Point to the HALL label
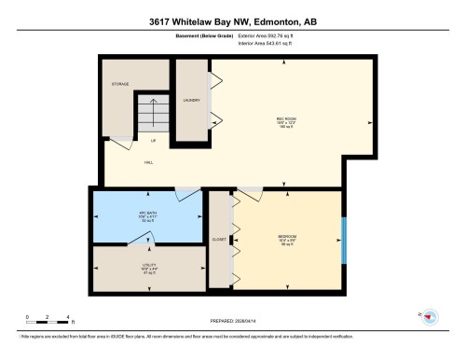click(x=148, y=162)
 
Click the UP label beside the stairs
click(x=154, y=141)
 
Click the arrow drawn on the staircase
click(x=149, y=116)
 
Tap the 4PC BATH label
click(x=146, y=215)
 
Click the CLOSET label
click(x=219, y=240)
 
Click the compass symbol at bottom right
click(x=430, y=319)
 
